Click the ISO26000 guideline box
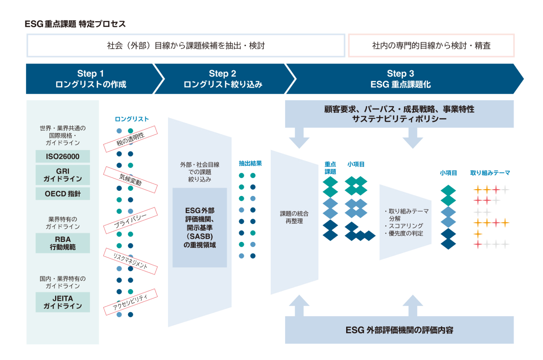pos(63,156)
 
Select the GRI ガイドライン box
pos(63,175)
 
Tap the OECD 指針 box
pos(63,194)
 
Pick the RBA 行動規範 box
pos(63,243)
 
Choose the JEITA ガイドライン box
pos(63,302)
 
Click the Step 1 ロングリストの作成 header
pos(91,79)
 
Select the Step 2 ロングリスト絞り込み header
pos(222,79)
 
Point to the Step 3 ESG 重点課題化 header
pos(400,79)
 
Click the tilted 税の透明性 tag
pos(131,139)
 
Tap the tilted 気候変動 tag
pos(131,180)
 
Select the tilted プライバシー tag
pos(131,220)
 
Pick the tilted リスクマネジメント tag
pos(131,261)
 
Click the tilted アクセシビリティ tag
pos(131,302)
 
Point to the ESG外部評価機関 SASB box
pos(200,227)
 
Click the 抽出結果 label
pos(250,163)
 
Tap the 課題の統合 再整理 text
pos(294,217)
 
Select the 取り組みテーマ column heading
pos(490,173)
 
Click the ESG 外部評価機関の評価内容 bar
pos(399,330)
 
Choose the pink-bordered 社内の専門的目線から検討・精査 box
pos(431,45)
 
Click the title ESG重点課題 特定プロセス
pos(75,24)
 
